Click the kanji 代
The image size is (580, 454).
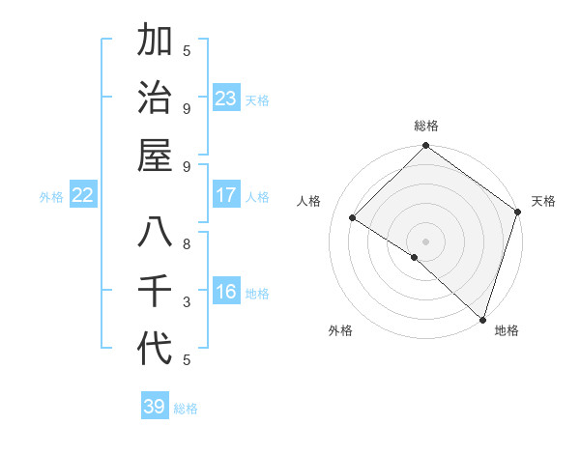pyautogui.click(x=155, y=349)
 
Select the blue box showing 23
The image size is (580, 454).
pyautogui.click(x=226, y=99)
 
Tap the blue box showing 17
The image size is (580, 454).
pyautogui.click(x=226, y=195)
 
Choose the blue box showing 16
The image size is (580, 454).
pyautogui.click(x=226, y=292)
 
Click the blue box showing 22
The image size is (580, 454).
pyautogui.click(x=83, y=195)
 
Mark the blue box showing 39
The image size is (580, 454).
pyautogui.click(x=155, y=407)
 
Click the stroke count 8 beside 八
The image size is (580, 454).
pyautogui.click(x=187, y=243)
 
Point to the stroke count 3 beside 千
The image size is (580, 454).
pyautogui.click(x=187, y=301)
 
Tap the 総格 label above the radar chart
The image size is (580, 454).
pyautogui.click(x=426, y=126)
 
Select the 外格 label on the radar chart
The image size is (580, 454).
pyautogui.click(x=339, y=331)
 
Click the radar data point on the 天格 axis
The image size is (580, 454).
pyautogui.click(x=517, y=212)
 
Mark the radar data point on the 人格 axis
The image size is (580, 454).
pyautogui.click(x=353, y=218)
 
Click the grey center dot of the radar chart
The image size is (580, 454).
pyautogui.click(x=425, y=241)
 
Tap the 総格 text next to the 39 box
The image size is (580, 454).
pyautogui.click(x=186, y=409)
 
